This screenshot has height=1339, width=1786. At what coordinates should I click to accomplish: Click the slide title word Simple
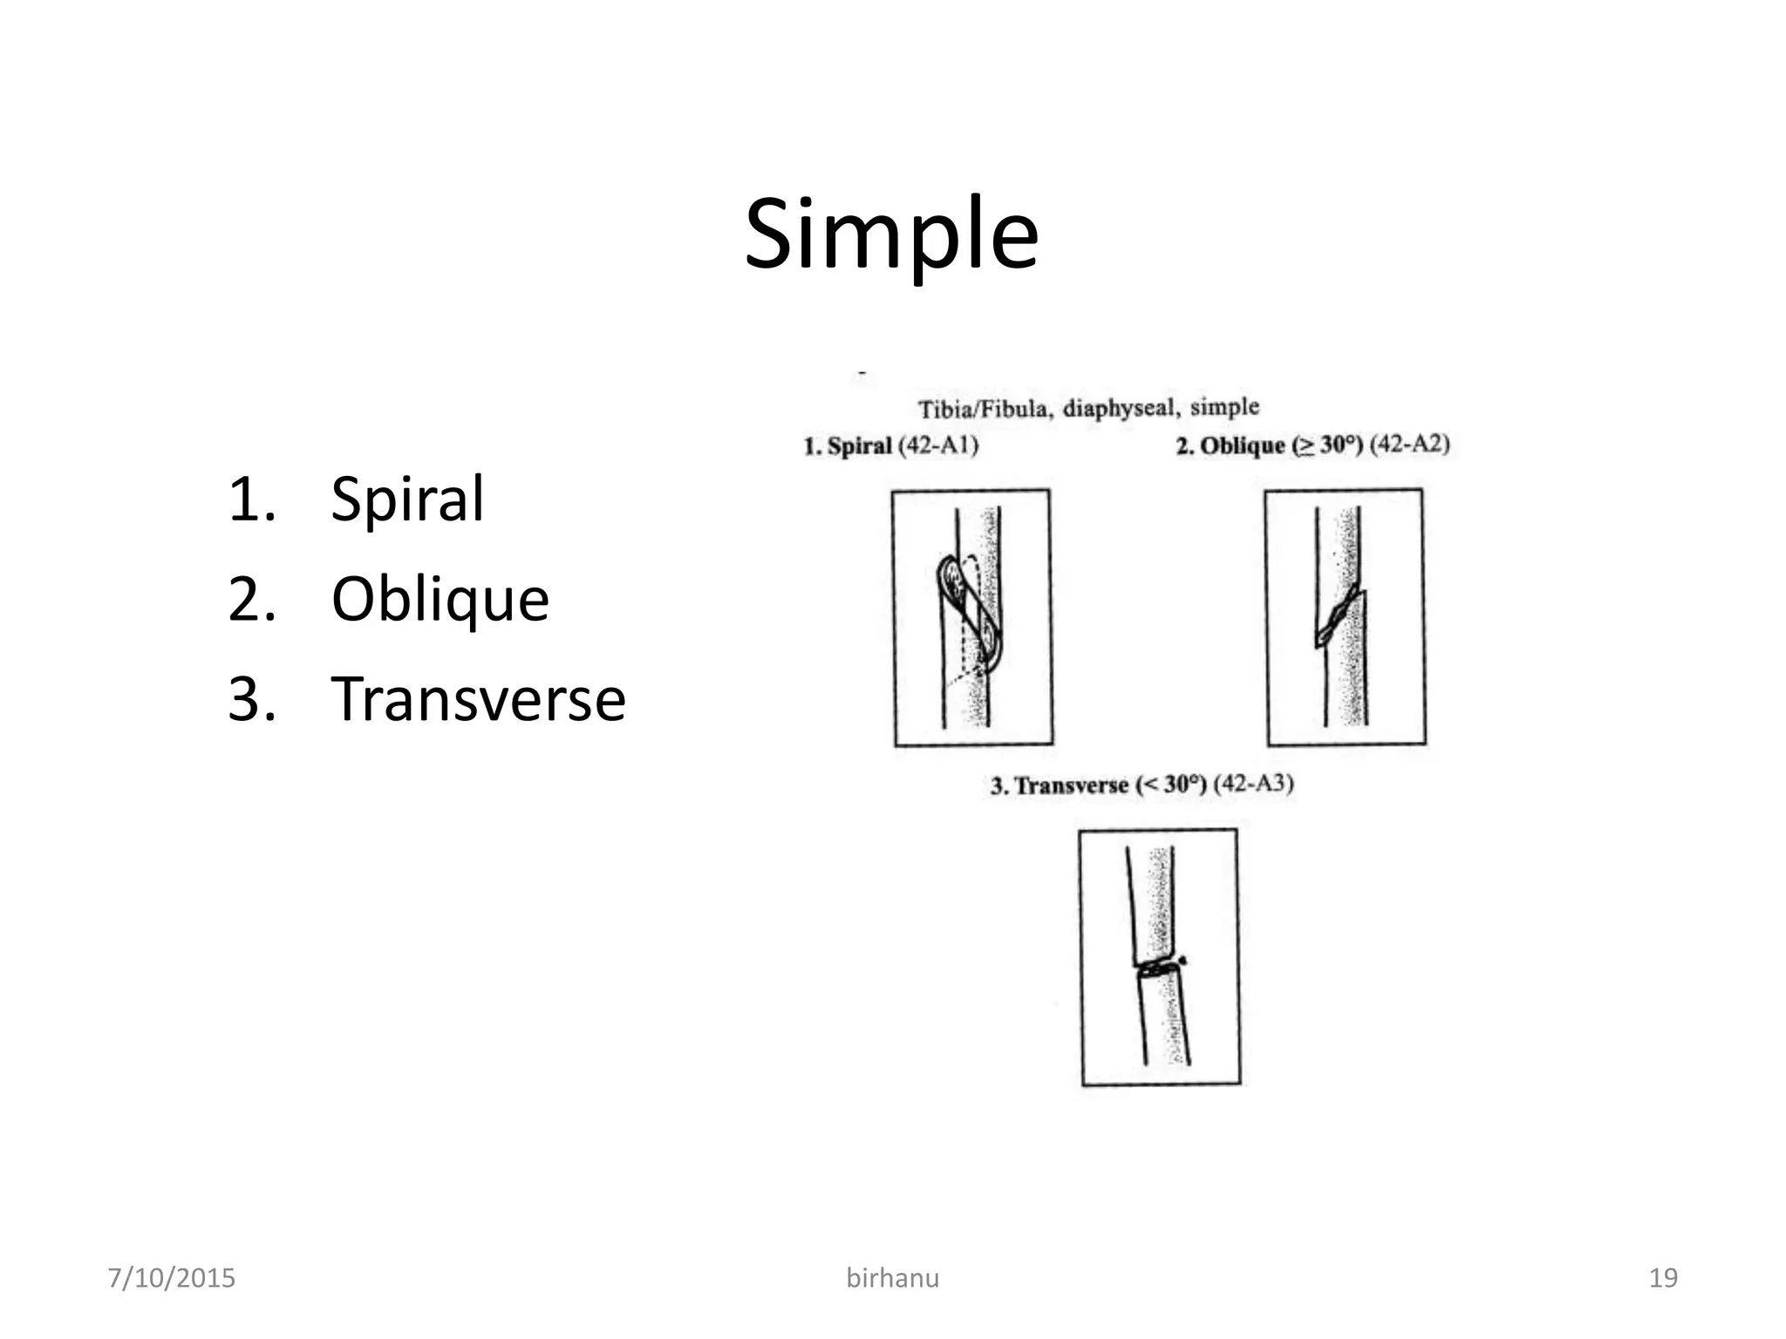point(891,234)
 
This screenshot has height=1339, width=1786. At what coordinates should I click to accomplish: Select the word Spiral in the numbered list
point(407,500)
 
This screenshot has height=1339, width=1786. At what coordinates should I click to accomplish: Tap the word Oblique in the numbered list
point(440,600)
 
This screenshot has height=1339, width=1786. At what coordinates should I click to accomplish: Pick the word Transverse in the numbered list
point(478,699)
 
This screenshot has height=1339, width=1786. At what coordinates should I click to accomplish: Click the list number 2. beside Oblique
point(251,600)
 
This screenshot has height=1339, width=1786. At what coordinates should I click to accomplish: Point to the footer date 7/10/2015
point(171,1278)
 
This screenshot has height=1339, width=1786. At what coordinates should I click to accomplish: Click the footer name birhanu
point(892,1278)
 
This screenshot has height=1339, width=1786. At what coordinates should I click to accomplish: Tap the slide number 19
point(1663,1278)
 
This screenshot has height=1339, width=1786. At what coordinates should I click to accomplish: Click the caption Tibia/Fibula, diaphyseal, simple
point(1088,407)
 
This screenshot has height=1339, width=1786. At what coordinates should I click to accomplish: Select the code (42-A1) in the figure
point(938,445)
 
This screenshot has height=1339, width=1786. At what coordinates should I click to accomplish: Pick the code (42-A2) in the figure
point(1409,445)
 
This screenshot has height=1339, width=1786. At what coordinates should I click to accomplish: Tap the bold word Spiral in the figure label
point(859,446)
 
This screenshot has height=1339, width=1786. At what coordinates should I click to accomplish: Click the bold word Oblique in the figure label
point(1243,445)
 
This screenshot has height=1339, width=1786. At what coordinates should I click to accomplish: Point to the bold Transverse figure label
point(1071,785)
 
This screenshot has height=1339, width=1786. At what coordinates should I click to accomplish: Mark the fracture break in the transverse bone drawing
point(1158,967)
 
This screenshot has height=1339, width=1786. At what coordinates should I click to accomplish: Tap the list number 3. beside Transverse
point(251,699)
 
